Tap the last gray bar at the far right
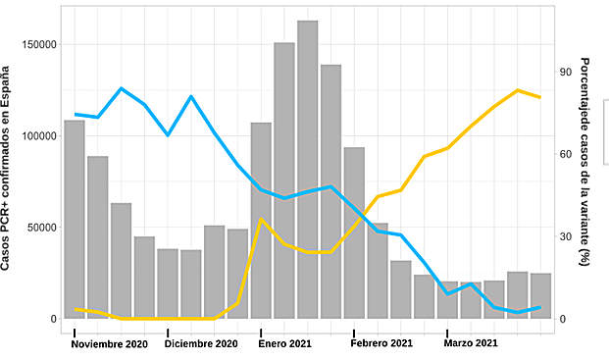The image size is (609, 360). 540,295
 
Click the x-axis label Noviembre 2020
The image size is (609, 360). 110,343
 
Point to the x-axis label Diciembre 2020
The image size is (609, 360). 201,343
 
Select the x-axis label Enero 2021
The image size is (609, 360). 284,343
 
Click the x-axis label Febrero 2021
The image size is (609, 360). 381,343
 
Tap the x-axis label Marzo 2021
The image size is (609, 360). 471,343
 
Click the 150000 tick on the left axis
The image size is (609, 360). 38,44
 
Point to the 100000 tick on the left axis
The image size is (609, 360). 38,135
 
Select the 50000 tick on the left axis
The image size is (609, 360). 41,227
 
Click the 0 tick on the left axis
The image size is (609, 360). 53,319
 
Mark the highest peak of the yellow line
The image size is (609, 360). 518,90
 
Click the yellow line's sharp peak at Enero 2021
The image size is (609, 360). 261,219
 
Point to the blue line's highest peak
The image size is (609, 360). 122,88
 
